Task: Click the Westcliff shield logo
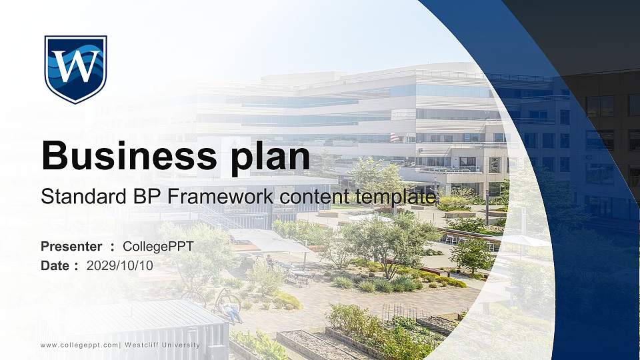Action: pos(75,69)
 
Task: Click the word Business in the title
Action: pos(119,155)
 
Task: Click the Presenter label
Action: pos(71,247)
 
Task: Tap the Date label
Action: pos(55,265)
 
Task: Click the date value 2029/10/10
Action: pos(120,265)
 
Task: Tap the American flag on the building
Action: pos(394,137)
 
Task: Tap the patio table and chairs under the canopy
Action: pos(298,275)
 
